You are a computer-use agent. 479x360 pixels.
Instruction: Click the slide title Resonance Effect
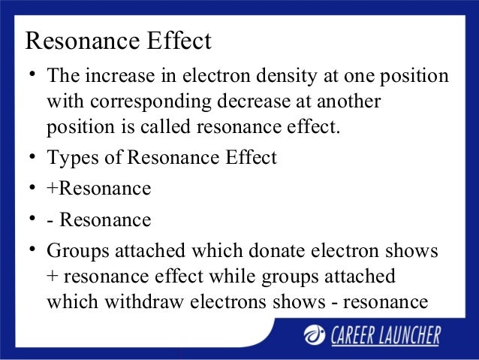click(x=118, y=41)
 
